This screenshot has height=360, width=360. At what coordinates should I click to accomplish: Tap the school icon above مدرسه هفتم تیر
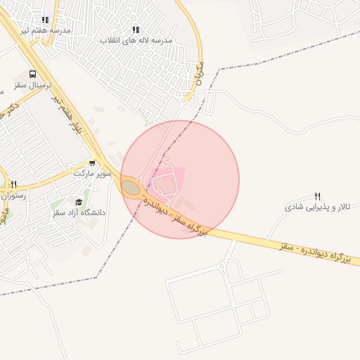click(x=46, y=20)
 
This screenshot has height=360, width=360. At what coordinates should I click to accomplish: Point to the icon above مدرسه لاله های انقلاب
click(x=136, y=30)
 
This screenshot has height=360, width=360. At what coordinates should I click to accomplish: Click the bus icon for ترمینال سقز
click(x=33, y=74)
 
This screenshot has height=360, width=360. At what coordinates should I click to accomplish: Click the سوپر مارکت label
click(x=92, y=172)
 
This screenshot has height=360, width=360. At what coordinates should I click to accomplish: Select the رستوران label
click(x=13, y=195)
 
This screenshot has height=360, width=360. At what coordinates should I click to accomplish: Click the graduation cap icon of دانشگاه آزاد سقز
click(x=78, y=202)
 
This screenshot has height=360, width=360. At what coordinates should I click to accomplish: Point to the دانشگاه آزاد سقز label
click(x=78, y=212)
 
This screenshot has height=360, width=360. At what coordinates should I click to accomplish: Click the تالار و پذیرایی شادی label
click(x=317, y=207)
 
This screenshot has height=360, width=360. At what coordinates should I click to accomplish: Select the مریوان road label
click(x=198, y=75)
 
